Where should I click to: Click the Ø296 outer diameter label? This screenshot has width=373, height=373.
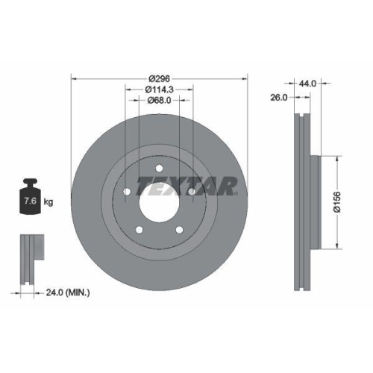[160, 78]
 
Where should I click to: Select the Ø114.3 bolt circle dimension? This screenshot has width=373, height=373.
[160, 90]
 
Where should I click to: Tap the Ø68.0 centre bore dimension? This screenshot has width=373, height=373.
[160, 101]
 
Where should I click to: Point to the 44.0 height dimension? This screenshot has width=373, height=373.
[308, 84]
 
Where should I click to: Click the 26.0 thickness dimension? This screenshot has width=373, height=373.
[279, 97]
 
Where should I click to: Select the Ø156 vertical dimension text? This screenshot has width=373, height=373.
[336, 202]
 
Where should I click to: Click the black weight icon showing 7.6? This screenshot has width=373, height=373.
[31, 198]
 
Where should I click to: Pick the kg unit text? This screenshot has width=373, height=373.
[48, 202]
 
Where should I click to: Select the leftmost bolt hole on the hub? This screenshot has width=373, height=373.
[126, 192]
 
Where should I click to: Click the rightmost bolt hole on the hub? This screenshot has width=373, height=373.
[192, 192]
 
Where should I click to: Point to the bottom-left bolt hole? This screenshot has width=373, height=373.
[139, 231]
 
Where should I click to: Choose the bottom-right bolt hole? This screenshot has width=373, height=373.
[180, 231]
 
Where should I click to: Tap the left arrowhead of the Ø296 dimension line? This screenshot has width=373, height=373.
[73, 78]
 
